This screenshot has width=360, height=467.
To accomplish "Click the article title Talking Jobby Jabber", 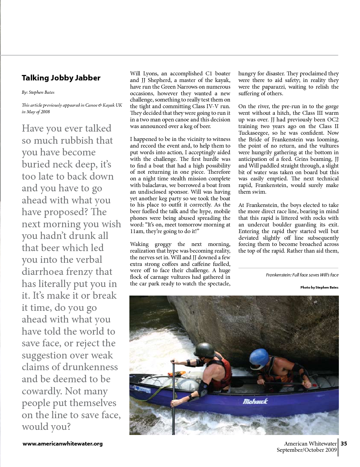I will (x=61, y=78).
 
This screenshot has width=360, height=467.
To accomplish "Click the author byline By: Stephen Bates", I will (x=38, y=93).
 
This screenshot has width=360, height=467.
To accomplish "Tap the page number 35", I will (x=344, y=444).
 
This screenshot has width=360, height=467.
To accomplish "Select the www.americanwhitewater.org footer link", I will (x=63, y=444).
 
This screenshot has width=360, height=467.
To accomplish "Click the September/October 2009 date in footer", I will (x=306, y=450).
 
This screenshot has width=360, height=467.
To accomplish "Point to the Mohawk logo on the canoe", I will (x=255, y=401).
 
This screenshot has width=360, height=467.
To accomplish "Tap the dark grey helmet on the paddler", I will (x=204, y=349).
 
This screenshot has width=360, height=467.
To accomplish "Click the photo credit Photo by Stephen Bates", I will (x=319, y=287).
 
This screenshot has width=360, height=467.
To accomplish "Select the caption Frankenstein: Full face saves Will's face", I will (x=302, y=275).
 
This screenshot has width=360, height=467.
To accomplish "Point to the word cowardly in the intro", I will (x=43, y=391).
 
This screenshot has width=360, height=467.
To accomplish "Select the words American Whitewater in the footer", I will (x=310, y=444).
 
